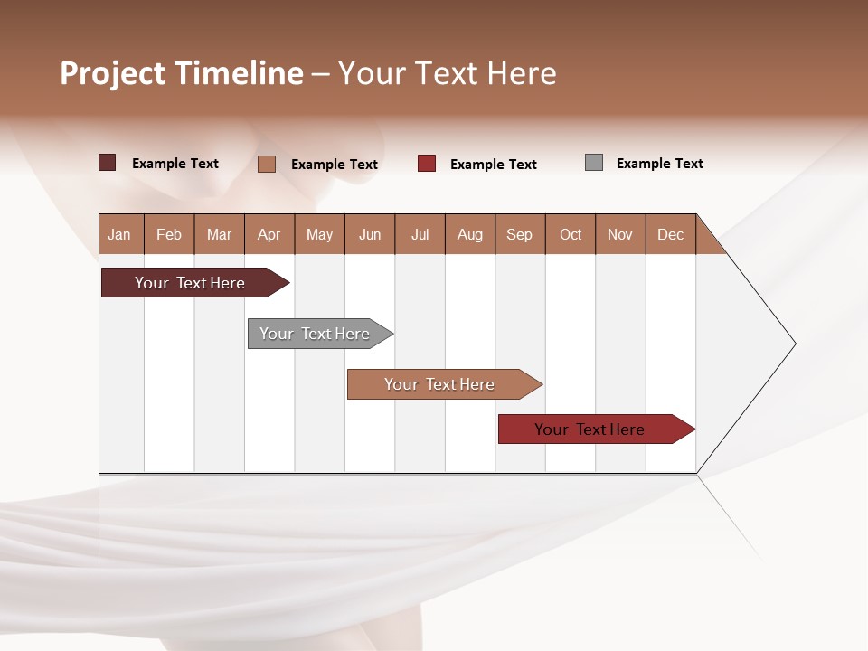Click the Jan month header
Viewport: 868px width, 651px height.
click(x=119, y=234)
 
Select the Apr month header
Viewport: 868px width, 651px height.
click(x=269, y=234)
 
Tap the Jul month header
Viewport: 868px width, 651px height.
click(x=420, y=234)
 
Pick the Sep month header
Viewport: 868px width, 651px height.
click(x=519, y=234)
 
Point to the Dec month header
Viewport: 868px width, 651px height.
click(x=670, y=234)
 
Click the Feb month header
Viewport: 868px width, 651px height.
click(x=169, y=234)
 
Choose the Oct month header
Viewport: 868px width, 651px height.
click(x=571, y=234)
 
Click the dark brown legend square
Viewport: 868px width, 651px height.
click(x=107, y=163)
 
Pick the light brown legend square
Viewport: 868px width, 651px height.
click(x=266, y=164)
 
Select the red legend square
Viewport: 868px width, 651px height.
click(x=427, y=164)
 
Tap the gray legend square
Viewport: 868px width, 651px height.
click(x=594, y=163)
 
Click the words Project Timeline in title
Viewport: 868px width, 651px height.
click(x=182, y=73)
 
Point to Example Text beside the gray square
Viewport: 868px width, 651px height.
click(x=659, y=164)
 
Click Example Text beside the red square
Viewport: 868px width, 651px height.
click(x=493, y=165)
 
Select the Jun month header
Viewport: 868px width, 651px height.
click(x=370, y=234)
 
